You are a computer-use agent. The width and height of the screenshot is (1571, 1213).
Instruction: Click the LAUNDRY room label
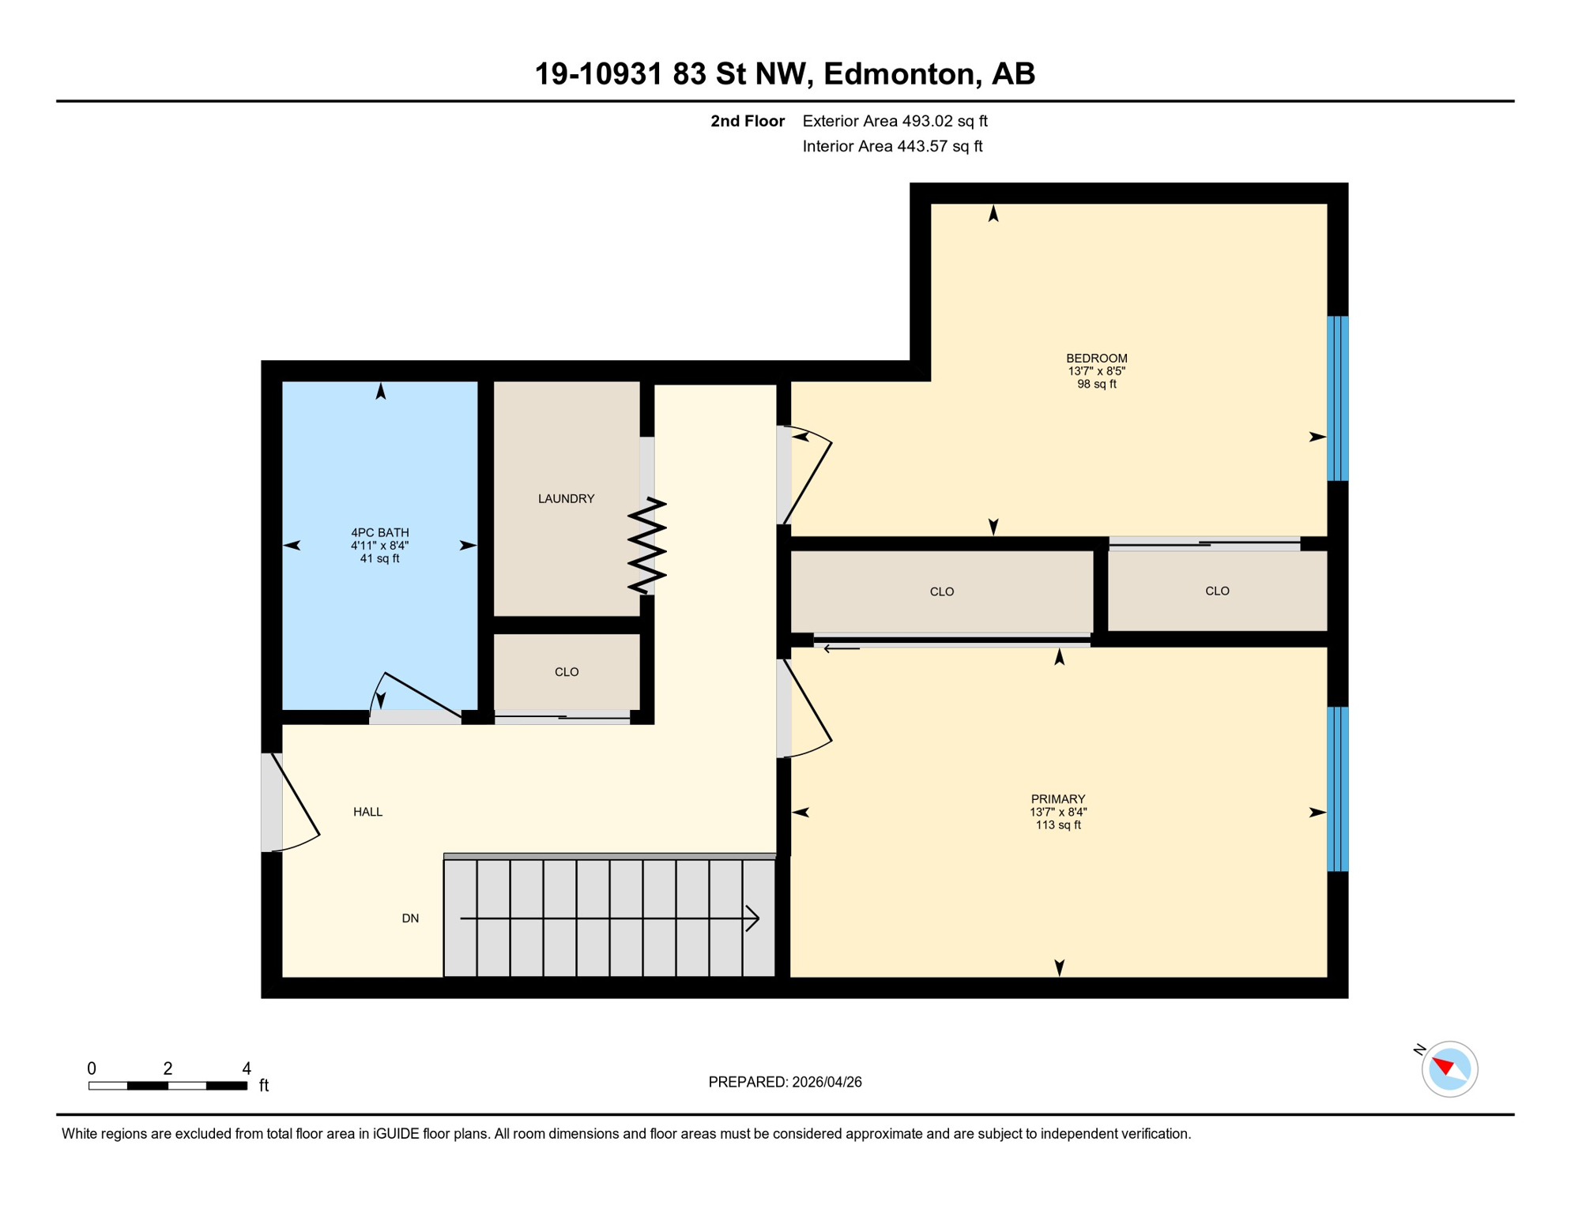click(x=566, y=498)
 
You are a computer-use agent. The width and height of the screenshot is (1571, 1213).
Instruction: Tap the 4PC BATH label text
click(x=379, y=532)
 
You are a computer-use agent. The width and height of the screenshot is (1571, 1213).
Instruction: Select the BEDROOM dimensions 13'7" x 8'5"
click(x=1096, y=371)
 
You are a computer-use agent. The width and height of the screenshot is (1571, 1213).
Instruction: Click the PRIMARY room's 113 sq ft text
click(x=1057, y=825)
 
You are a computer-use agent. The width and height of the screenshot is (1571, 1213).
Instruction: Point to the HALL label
click(x=367, y=812)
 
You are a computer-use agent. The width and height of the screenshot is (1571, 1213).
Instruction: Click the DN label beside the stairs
click(x=410, y=918)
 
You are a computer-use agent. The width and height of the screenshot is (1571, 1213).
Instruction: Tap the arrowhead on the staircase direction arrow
click(x=753, y=918)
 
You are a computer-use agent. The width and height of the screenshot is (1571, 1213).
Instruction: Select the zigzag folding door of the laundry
click(x=646, y=545)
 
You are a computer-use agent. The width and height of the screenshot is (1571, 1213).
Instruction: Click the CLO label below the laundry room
click(x=566, y=672)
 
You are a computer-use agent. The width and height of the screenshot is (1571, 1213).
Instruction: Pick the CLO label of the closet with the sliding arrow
click(x=941, y=591)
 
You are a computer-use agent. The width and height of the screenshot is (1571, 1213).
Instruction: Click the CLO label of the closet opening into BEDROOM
click(x=1216, y=591)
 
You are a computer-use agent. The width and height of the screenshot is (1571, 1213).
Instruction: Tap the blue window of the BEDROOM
click(x=1337, y=399)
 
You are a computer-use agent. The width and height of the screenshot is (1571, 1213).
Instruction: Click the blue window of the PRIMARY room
click(x=1337, y=789)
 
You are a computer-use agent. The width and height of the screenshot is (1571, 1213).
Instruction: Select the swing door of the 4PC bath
click(x=419, y=695)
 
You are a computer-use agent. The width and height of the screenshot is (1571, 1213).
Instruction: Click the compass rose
click(x=1449, y=1069)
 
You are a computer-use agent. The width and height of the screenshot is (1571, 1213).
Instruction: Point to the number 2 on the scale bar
click(x=168, y=1068)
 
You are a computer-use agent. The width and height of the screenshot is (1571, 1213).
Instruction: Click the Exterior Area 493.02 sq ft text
click(x=895, y=121)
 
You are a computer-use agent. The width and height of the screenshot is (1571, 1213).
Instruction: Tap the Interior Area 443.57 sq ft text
click(x=892, y=146)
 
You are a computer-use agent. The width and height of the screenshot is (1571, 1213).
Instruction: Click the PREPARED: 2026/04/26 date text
click(x=785, y=1082)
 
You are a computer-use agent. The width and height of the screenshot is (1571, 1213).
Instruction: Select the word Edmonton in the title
click(x=899, y=73)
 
